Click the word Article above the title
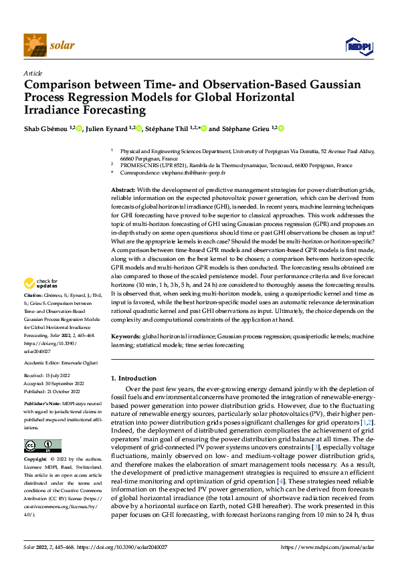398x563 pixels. coord(33,73)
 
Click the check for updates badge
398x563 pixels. coord(41,302)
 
